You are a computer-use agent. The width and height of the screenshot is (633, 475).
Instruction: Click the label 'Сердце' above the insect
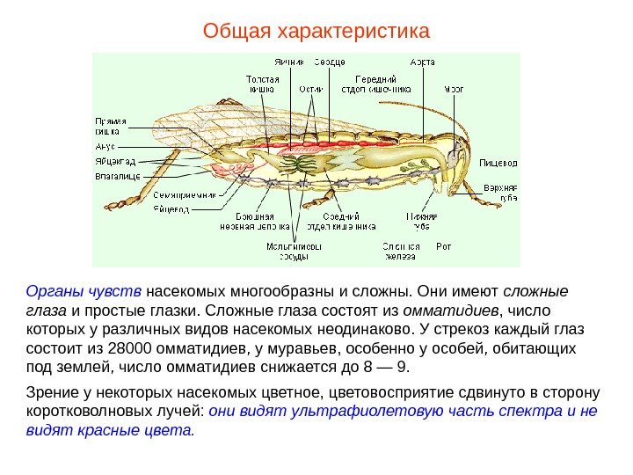point(330,62)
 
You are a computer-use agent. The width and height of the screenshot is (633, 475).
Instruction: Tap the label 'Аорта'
point(422,62)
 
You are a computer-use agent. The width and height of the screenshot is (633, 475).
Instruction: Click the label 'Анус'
point(105,147)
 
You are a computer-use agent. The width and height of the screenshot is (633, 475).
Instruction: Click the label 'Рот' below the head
point(444,246)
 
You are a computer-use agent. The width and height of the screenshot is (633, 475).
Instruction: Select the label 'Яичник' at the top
point(289,62)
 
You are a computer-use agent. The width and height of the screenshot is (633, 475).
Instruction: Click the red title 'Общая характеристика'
point(316,33)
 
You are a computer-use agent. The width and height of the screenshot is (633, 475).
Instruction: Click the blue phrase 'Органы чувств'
point(84,291)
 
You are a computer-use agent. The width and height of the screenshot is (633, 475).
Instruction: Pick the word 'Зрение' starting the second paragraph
point(49,391)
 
